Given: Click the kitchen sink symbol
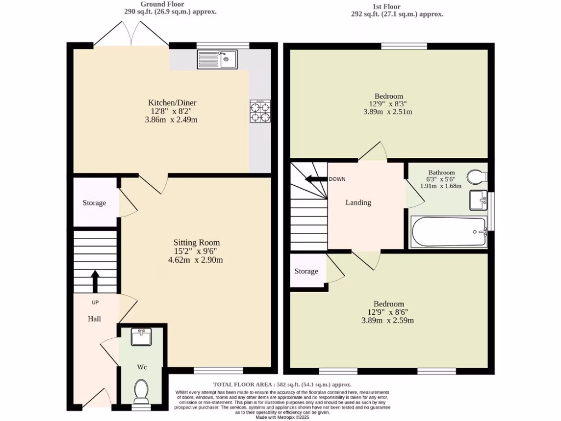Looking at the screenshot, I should [x=216, y=59].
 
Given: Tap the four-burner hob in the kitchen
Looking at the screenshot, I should [x=260, y=111].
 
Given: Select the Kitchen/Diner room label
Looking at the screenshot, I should [x=172, y=103].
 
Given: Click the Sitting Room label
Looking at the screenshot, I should [x=196, y=242].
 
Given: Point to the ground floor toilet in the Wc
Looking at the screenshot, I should [x=141, y=391].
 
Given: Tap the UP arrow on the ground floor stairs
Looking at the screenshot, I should [x=95, y=281].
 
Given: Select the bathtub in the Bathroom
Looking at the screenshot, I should [x=449, y=232].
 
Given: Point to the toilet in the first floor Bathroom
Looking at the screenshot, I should [x=477, y=177].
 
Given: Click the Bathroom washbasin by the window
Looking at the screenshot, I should [x=479, y=200].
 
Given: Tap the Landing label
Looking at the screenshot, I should [x=358, y=202].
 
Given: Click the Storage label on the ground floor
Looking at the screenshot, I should [x=94, y=203].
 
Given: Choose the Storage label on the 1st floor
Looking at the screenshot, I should [x=306, y=271].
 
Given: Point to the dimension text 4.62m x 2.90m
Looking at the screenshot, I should [x=196, y=260].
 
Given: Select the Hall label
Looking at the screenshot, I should [x=94, y=318].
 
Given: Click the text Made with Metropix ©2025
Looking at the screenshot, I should [x=282, y=417].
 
